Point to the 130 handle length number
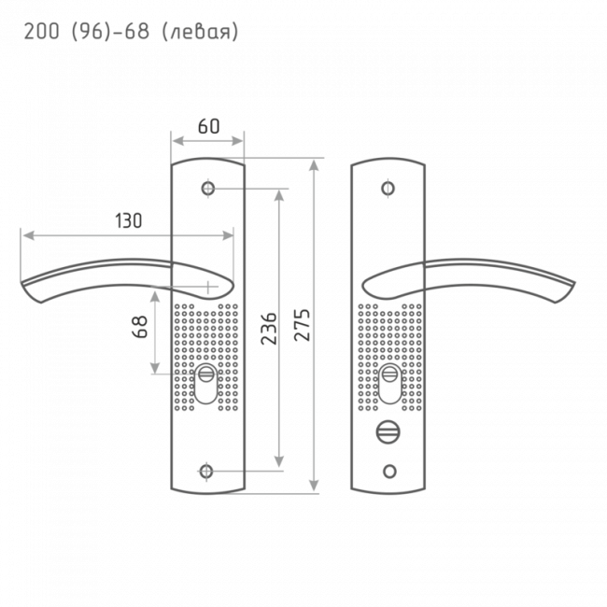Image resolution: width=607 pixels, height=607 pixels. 129,221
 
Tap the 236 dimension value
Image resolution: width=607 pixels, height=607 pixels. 266,330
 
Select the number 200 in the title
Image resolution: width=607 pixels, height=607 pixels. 39,33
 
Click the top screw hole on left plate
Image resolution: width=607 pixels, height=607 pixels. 207,189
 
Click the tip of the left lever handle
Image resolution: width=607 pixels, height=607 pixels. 28,289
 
